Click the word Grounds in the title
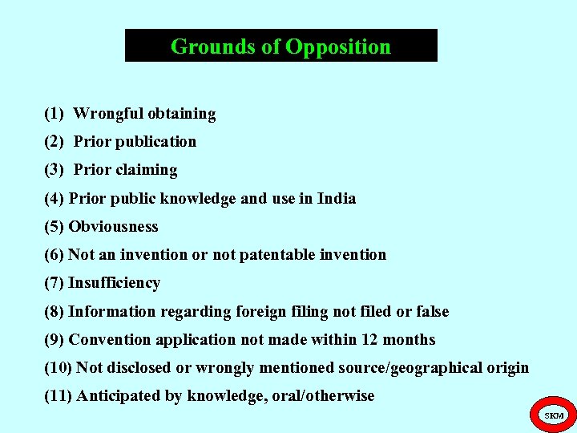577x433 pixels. (204, 47)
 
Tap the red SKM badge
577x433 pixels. (554, 415)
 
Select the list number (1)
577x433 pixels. (54, 114)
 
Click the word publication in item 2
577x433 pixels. (155, 142)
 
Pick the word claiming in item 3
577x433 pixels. (147, 170)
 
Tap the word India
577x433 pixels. (337, 198)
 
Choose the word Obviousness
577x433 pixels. (113, 227)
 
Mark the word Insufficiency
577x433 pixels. (114, 283)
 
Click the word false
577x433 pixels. (433, 311)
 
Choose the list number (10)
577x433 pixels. (58, 368)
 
